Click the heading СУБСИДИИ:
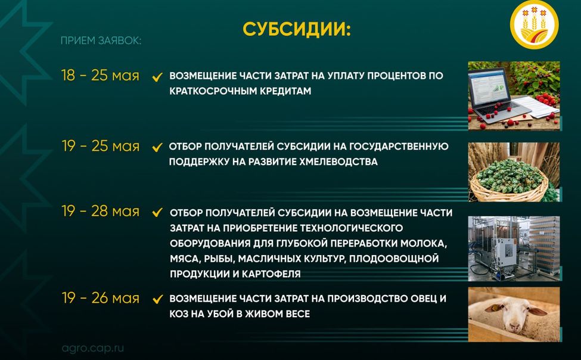coord(296,30)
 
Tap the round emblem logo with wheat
coord(535,25)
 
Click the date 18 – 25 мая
coord(100,76)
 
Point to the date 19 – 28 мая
coord(100,212)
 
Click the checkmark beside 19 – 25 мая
coord(157,147)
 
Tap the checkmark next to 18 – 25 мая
coord(157,77)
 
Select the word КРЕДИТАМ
coord(283,92)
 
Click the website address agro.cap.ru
coord(93,348)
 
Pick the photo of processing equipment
coord(514,247)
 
